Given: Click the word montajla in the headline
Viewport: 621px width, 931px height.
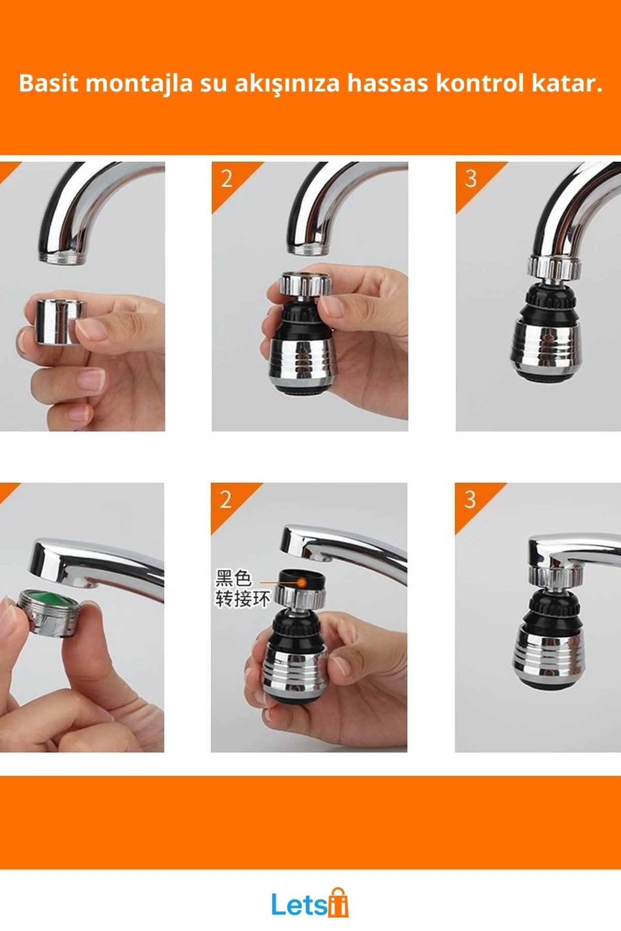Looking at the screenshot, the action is [140, 84].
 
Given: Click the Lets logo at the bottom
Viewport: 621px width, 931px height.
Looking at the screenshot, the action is [310, 904].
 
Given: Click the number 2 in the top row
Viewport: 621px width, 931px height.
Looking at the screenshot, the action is [227, 179].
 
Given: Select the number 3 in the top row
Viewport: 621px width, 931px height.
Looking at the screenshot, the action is [470, 178].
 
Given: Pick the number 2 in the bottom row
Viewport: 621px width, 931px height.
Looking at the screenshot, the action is [226, 500].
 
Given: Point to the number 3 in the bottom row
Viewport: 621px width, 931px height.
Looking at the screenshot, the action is [469, 500].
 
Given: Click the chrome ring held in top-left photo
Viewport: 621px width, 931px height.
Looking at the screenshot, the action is [55, 321].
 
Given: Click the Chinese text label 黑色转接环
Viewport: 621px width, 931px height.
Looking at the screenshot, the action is [242, 588].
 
